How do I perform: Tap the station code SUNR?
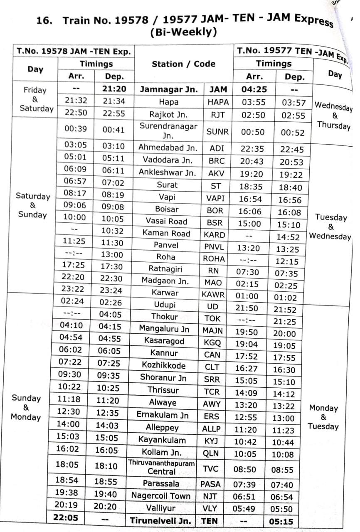217,132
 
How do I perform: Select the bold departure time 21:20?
114,89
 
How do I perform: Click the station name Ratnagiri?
165,269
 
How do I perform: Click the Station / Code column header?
183,64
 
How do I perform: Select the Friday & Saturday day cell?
35,99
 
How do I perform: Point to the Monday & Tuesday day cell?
323,417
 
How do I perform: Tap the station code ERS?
212,416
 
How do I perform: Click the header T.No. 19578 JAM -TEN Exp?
74,52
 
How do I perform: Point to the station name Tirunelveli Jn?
160,521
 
